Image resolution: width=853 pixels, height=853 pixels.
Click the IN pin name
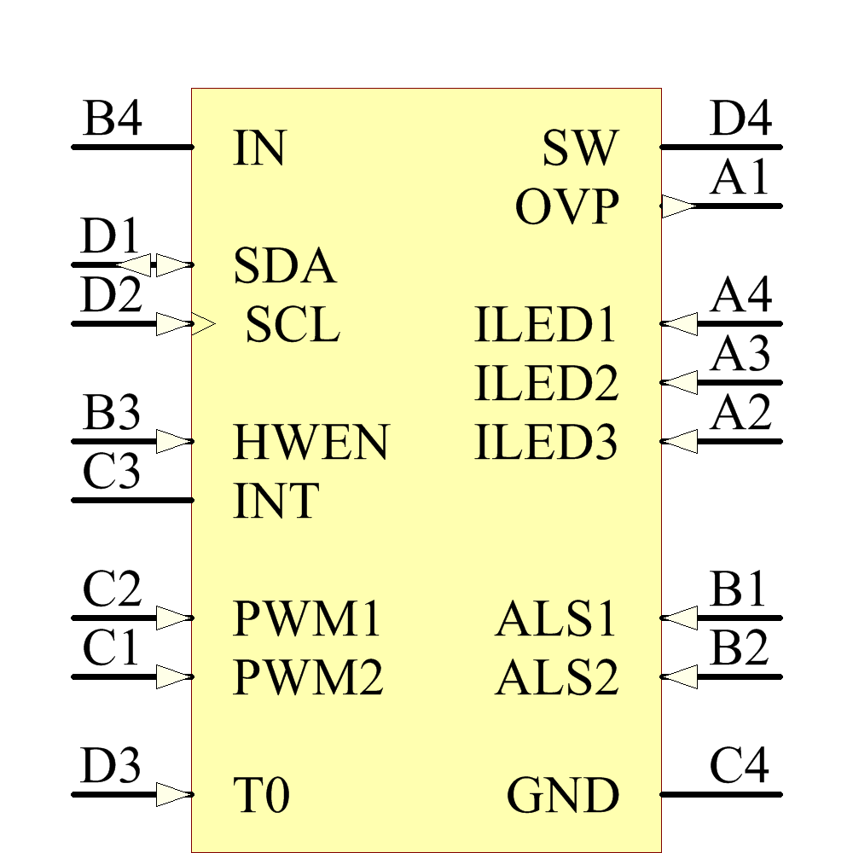point(258,148)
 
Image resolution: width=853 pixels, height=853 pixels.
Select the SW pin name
point(579,148)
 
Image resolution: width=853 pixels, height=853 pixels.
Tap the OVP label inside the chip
point(566,207)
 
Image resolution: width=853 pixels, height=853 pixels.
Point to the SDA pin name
point(285,266)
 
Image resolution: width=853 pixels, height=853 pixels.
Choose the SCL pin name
point(293,325)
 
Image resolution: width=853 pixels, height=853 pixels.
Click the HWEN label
point(310,443)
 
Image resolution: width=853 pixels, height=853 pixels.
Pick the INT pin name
point(276,502)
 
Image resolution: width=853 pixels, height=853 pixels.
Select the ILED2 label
point(546,384)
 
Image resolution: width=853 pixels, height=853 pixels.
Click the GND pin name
point(563,796)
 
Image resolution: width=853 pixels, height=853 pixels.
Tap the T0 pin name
point(261,796)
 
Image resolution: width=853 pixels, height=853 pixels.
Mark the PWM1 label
point(308,619)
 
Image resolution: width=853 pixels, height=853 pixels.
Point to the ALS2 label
point(556,678)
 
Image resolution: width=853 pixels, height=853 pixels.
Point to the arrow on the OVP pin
point(679,206)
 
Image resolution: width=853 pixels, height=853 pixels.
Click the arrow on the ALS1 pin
point(680,618)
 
